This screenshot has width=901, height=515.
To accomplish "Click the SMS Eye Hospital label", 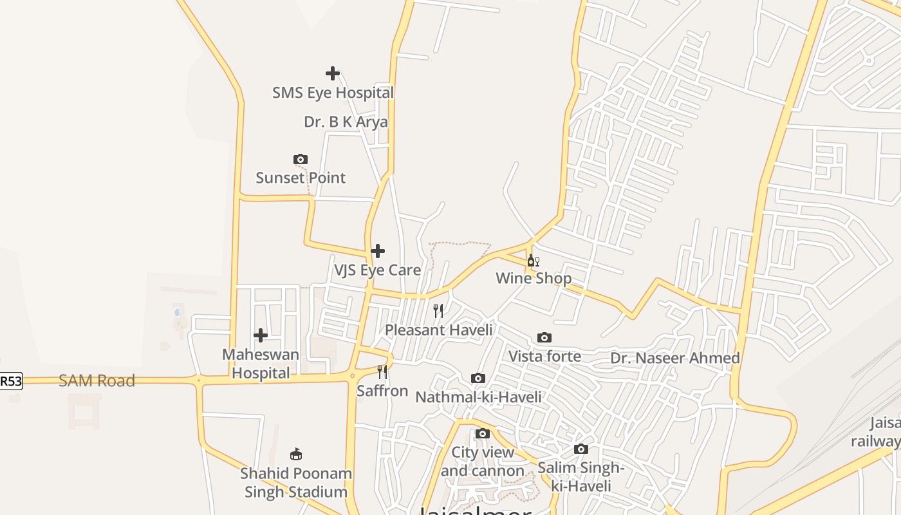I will coord(332,93).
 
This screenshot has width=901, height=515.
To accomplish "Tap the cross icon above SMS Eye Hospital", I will coord(332,73).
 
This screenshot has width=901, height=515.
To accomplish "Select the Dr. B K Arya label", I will coord(346,122).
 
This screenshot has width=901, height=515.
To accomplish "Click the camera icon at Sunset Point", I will coord(301,159).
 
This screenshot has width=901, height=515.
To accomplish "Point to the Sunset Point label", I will coord(301,178).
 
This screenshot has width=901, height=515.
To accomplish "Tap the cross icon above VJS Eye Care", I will coord(378,251).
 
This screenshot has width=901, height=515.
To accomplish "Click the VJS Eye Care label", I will coord(377,270).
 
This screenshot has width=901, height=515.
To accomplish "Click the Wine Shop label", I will coord(534,279).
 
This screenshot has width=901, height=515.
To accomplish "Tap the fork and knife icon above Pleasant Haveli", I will coord(438,311).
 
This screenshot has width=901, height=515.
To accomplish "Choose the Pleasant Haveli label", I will coord(438,330).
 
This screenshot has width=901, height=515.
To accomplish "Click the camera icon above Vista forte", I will coord(544,338).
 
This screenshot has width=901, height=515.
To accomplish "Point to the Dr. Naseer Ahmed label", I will coord(674,359).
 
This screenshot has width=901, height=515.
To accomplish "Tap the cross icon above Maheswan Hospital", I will coord(261,335).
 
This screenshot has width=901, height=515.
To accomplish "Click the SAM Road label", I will coord(97,381).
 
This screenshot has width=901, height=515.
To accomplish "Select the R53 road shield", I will coord(10,382).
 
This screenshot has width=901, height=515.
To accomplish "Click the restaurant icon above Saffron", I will coord(382,372).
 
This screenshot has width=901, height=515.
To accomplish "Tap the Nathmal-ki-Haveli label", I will coord(478,397).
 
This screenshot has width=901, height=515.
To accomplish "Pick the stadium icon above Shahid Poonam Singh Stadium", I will coord(296,454).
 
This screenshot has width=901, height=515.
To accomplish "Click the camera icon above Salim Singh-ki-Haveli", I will coord(581,449).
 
